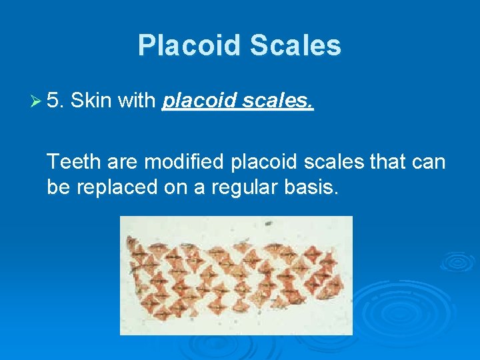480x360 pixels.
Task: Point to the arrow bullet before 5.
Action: [x=37, y=102]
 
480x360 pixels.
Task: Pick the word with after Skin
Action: [x=137, y=101]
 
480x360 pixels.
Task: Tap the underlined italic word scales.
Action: [x=280, y=101]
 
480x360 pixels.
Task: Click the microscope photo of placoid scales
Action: [x=235, y=275]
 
